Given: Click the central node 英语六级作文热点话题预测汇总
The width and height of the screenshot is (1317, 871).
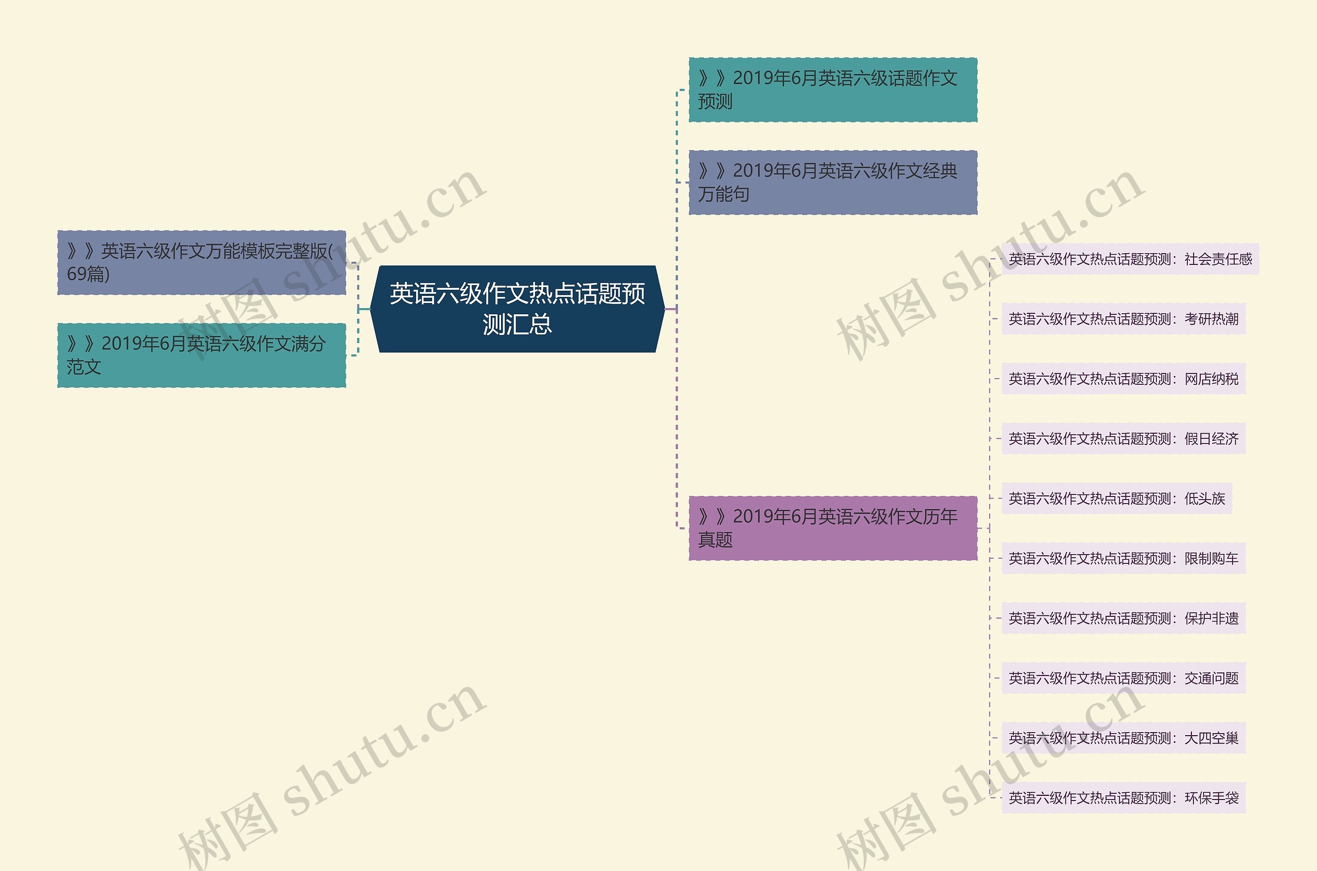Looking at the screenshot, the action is click(517, 309).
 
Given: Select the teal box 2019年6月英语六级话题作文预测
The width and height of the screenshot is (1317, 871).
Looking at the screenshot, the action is click(832, 90).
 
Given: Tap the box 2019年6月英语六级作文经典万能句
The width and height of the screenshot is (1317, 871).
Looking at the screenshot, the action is click(832, 182).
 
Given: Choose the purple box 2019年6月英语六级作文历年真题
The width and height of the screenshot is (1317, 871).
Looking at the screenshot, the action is click(832, 528).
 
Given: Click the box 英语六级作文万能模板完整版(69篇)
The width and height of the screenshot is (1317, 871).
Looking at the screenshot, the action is click(202, 262).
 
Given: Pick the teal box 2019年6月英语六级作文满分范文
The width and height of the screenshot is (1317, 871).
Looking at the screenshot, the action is click(202, 355).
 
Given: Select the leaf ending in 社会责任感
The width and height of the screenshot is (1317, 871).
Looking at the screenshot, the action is click(1130, 259).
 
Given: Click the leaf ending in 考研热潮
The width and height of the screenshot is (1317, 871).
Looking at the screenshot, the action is click(1123, 319).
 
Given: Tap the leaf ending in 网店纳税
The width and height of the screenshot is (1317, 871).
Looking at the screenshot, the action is click(1123, 379).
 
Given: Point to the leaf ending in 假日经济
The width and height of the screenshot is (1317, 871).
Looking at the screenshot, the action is click(1123, 439).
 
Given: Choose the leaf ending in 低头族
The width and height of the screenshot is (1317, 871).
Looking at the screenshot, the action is click(1116, 499).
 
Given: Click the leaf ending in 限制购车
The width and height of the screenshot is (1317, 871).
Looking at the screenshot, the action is click(1123, 558).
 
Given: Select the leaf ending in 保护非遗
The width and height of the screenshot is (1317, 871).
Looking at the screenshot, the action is click(1123, 618).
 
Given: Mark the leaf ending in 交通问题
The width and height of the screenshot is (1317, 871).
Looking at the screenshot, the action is click(1123, 678).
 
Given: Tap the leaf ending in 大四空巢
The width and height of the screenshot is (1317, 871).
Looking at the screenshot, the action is click(1123, 738).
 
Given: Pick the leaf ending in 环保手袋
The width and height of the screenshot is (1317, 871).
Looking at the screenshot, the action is click(1123, 798).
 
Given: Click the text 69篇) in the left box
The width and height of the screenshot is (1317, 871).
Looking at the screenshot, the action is click(88, 274).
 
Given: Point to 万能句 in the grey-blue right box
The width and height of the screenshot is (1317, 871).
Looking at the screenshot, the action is click(724, 194).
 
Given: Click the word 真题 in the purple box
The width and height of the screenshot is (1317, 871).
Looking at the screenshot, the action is click(716, 540).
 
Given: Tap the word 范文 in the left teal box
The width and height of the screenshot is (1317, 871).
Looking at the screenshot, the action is click(84, 367).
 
